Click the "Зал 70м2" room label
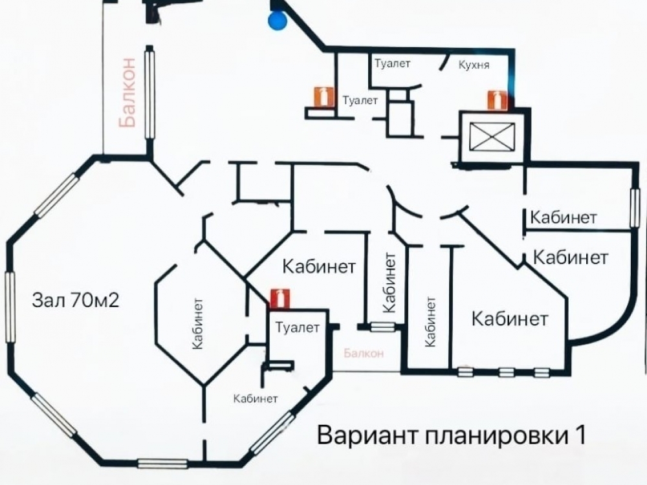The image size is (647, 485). click(x=76, y=300)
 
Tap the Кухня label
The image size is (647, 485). click(x=474, y=65)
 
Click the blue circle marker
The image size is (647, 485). click(x=277, y=20)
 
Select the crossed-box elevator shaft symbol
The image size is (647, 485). click(x=492, y=136)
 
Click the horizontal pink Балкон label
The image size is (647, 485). click(x=364, y=353)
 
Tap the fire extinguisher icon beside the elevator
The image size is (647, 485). click(x=497, y=100)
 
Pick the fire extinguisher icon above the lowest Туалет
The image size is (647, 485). click(x=280, y=299)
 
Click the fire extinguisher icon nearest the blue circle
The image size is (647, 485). click(x=324, y=97)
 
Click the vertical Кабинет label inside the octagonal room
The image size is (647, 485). click(x=198, y=324)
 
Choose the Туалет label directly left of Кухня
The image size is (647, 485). click(x=393, y=63)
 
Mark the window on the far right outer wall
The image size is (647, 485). click(x=635, y=208)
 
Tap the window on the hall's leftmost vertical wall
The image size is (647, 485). click(x=10, y=307)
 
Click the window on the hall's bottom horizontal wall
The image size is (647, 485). click(x=162, y=464)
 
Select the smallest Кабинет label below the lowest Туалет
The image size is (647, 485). click(x=256, y=398)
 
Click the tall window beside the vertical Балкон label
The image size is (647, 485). click(x=150, y=94)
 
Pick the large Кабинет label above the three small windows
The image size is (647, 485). click(x=510, y=319)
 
